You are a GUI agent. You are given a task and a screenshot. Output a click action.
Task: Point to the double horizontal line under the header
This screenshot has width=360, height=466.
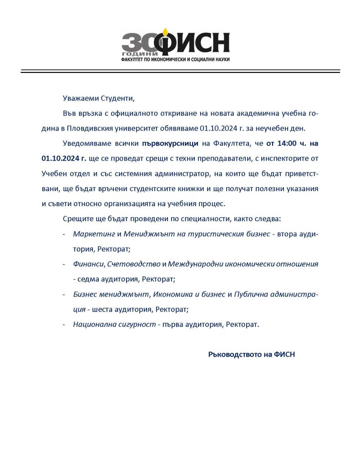pyautogui.click(x=180, y=71)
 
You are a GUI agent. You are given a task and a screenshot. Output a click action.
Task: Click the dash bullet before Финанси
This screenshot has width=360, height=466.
pyautogui.click(x=64, y=264)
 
